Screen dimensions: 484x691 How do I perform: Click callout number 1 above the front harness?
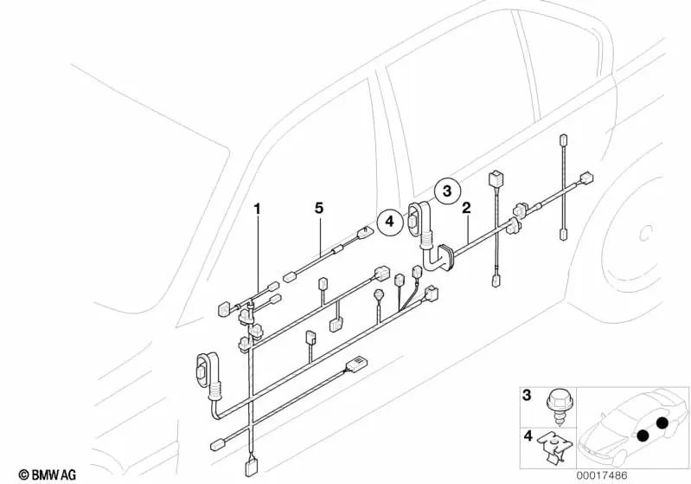point(256,208)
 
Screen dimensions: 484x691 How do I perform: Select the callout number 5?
point(318,208)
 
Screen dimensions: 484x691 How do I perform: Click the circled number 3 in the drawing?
point(447,190)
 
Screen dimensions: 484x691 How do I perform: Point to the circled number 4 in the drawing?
point(390,223)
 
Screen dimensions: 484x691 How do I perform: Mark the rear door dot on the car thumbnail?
point(662,423)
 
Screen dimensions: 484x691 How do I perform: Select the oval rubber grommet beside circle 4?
point(422,219)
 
